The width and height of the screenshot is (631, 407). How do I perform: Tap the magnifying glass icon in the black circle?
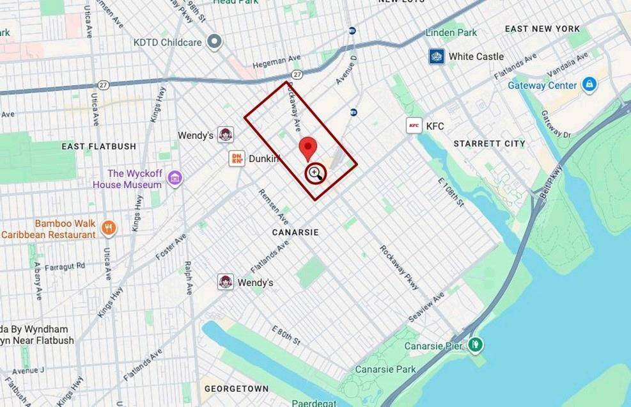click(x=315, y=173)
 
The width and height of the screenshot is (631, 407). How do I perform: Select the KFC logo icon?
click(x=414, y=125)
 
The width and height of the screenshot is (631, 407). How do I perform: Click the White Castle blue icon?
click(x=437, y=56)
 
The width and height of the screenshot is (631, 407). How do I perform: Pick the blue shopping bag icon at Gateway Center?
click(x=589, y=84)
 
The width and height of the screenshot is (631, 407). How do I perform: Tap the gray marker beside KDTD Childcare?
click(x=215, y=43)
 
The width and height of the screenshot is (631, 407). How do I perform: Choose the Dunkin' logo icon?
click(x=237, y=158)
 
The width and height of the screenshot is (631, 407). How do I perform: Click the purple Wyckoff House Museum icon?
click(x=175, y=179)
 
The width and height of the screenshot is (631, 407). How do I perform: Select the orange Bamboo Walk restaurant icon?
click(x=109, y=227)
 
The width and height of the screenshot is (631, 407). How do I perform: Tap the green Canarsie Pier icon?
click(x=474, y=345)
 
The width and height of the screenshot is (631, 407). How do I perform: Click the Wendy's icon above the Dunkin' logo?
click(x=225, y=134)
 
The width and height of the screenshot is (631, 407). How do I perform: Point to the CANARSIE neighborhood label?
click(x=295, y=232)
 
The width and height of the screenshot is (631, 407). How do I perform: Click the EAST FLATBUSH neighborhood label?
click(x=99, y=146)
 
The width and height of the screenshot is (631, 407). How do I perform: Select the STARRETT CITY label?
click(x=489, y=143)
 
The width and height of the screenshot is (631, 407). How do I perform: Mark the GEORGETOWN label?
click(x=236, y=388)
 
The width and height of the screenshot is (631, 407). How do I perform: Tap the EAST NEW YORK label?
click(x=542, y=29)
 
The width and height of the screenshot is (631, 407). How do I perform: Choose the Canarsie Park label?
click(x=386, y=369)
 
